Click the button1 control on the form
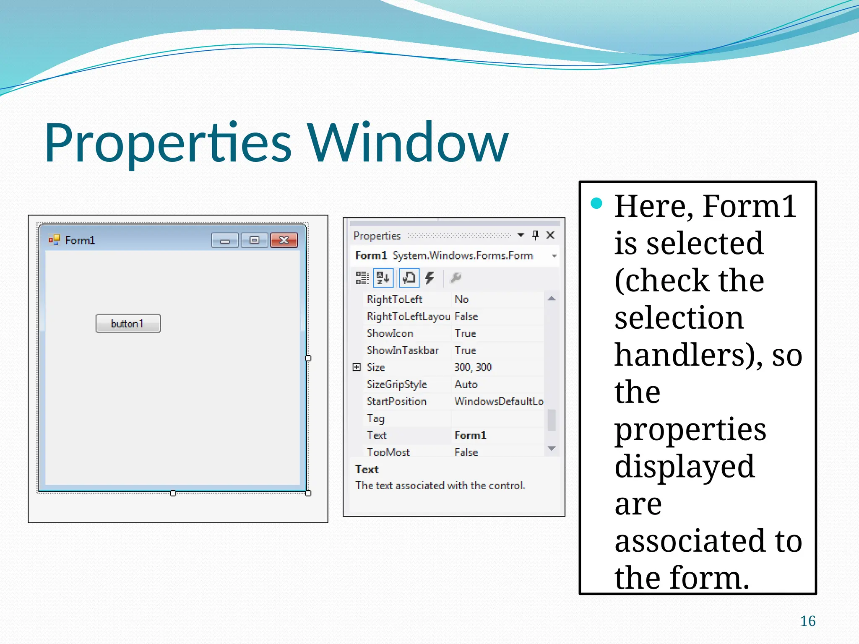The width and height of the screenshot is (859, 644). click(x=128, y=323)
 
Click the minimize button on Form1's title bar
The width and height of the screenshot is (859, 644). click(x=225, y=240)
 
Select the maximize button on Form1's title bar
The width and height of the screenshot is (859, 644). click(x=254, y=240)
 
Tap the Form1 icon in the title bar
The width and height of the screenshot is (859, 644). click(x=54, y=240)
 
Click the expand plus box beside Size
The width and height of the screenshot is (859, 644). click(x=357, y=367)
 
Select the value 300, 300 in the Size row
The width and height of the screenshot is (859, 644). click(x=473, y=367)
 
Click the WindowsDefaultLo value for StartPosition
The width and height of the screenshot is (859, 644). click(x=499, y=401)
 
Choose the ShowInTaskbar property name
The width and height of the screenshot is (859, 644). click(x=402, y=350)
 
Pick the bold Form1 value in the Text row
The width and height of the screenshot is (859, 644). click(x=470, y=435)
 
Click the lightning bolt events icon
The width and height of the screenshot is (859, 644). click(x=429, y=278)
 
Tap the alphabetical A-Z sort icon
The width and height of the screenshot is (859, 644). click(x=383, y=278)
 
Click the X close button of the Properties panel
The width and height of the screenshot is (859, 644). click(x=550, y=235)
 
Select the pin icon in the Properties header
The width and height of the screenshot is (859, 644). click(x=535, y=235)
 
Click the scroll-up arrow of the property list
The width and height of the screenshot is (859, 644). click(x=552, y=299)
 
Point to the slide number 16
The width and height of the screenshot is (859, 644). click(x=807, y=621)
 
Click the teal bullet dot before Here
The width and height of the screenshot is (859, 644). click(x=596, y=204)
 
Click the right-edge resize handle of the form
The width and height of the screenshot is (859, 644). click(x=308, y=358)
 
